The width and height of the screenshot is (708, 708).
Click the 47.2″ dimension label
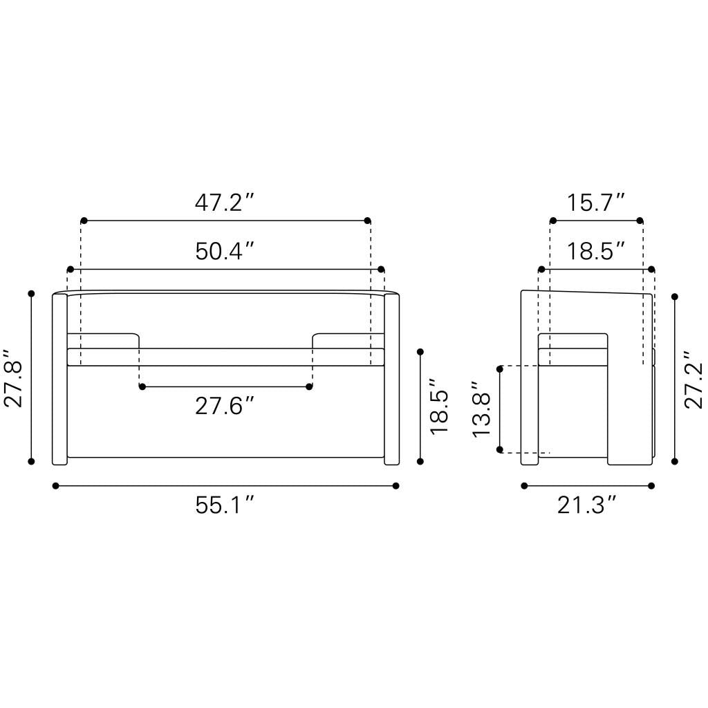[225, 203]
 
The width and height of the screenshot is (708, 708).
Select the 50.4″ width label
[225, 252]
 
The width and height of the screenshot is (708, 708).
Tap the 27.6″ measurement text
[225, 406]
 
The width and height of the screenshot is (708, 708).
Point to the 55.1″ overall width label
[225, 505]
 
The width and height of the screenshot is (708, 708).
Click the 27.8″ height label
[14, 378]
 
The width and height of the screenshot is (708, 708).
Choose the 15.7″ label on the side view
[596, 203]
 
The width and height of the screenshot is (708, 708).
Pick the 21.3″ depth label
[587, 505]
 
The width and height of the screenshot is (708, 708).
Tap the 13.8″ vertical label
[481, 409]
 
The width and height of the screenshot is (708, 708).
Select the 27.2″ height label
[693, 380]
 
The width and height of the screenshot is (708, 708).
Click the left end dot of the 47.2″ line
[84, 221]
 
